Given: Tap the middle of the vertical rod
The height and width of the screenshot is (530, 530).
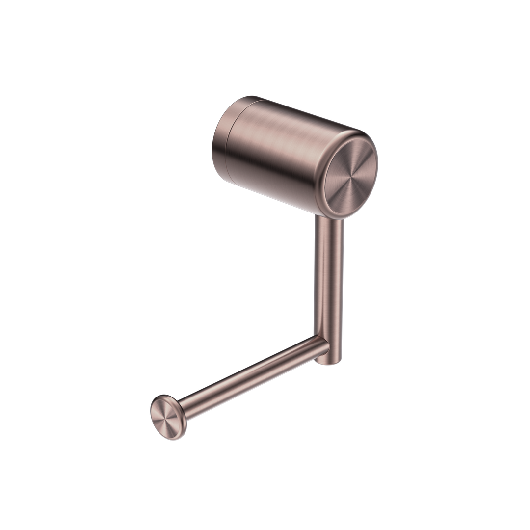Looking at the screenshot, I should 329,285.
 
